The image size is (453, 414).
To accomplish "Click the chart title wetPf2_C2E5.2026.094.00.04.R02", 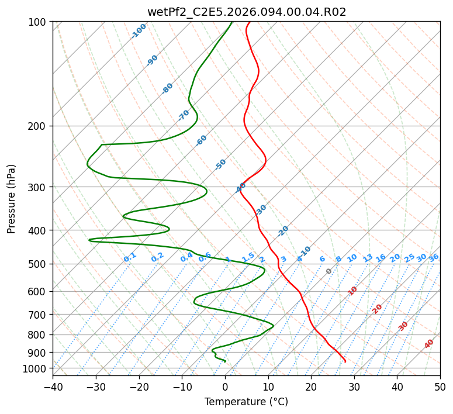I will click(x=246, y=12).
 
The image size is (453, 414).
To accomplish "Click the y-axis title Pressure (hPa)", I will click(x=11, y=198).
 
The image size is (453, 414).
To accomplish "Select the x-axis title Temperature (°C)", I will click(x=246, y=402).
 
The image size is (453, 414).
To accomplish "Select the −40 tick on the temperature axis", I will click(x=53, y=387).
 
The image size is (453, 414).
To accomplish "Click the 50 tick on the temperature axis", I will click(x=440, y=387).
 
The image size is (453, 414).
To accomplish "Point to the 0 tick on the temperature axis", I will click(x=225, y=387).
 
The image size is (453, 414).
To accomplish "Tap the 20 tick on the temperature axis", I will click(x=311, y=387).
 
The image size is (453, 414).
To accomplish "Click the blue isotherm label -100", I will click(x=139, y=31).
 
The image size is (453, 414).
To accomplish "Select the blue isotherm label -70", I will click(x=184, y=115).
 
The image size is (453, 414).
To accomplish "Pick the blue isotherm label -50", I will click(x=220, y=164).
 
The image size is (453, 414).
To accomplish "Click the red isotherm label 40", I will click(x=429, y=344).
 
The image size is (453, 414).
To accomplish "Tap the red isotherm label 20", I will click(x=377, y=309).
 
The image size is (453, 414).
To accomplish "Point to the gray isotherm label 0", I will click(x=328, y=271).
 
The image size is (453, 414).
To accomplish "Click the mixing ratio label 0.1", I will click(x=130, y=257).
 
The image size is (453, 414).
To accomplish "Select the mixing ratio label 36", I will click(x=434, y=257).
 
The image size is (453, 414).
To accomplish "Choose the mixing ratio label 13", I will click(x=368, y=258).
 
